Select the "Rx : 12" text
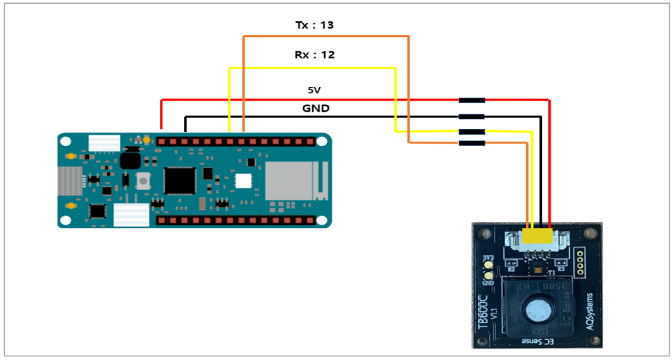click(x=314, y=55)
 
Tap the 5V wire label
click(x=315, y=91)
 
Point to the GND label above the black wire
click(x=315, y=108)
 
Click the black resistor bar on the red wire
click(x=471, y=100)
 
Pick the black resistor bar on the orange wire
click(x=471, y=143)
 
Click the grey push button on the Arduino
click(x=144, y=180)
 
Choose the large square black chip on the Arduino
click(x=179, y=180)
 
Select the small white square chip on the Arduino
click(x=243, y=180)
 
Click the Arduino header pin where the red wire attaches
click(x=162, y=140)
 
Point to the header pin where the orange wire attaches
click(x=244, y=140)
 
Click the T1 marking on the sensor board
click(x=551, y=271)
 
